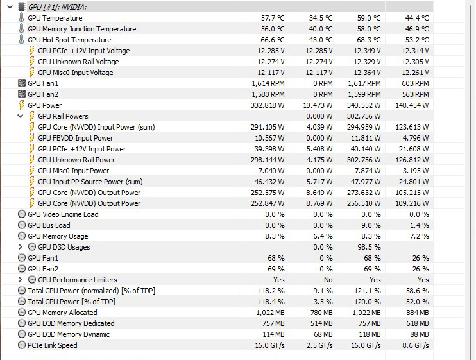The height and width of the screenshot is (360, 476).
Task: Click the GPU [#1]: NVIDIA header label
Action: click(58, 6)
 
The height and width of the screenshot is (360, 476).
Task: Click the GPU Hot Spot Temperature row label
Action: click(69, 40)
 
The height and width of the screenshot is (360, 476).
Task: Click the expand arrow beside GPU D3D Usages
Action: click(21, 247)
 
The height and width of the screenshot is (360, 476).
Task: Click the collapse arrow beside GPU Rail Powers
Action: click(21, 116)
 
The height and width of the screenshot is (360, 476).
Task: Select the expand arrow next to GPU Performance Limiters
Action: click(21, 280)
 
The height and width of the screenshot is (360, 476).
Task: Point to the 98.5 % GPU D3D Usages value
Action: click(369, 247)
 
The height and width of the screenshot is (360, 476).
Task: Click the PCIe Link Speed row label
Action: click(52, 345)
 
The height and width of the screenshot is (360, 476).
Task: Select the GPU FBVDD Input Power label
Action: click(75, 138)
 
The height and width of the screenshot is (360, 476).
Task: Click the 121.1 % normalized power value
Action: click(369, 291)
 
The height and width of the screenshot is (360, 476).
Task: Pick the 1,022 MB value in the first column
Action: click(269, 313)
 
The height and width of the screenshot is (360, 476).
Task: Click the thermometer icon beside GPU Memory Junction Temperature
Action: click(21, 29)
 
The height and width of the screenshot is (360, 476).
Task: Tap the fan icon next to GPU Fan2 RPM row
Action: click(21, 94)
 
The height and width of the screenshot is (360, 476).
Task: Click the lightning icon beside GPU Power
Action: click(21, 105)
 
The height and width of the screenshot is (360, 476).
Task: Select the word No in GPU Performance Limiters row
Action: click(328, 280)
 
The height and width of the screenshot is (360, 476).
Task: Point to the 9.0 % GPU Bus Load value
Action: click(371, 225)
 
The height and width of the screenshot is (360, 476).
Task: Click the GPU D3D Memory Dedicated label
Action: click(71, 323)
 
